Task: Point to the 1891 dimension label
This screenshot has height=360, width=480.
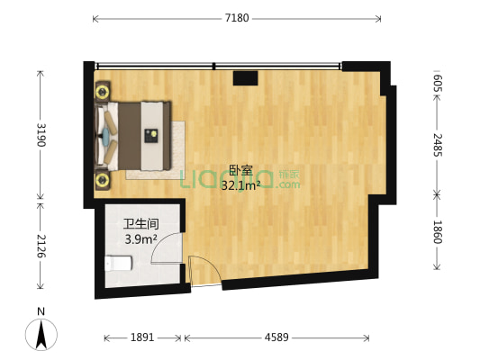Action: pyautogui.click(x=142, y=338)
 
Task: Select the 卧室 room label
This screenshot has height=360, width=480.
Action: pyautogui.click(x=240, y=170)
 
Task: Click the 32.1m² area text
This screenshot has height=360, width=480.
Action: pyautogui.click(x=240, y=185)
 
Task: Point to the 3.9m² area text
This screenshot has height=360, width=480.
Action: pyautogui.click(x=141, y=239)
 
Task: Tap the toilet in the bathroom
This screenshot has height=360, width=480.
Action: pyautogui.click(x=116, y=263)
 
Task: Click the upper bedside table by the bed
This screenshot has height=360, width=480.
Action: pyautogui.click(x=103, y=90)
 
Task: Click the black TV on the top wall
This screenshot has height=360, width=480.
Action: pyautogui.click(x=246, y=78)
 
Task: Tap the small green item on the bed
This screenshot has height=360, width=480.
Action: pyautogui.click(x=153, y=136)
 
